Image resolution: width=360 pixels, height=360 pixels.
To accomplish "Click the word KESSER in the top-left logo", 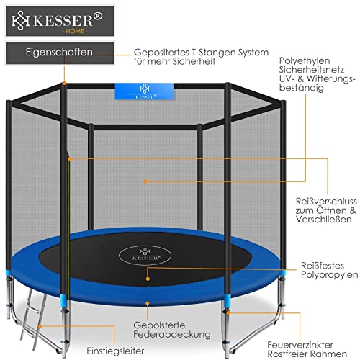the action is [x=63, y=20].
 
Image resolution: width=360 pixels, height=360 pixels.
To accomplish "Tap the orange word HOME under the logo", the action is [x=75, y=31].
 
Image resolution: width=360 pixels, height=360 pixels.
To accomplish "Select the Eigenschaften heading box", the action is [x=60, y=53].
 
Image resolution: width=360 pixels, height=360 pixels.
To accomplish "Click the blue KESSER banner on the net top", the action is [x=144, y=91].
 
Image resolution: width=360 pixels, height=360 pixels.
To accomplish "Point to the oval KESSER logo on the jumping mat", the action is [x=145, y=255].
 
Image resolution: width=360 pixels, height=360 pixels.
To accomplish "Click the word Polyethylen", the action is [x=305, y=61].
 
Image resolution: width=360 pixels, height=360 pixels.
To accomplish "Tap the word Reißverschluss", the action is [x=326, y=201].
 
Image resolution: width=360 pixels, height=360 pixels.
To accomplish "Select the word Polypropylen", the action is [x=329, y=275].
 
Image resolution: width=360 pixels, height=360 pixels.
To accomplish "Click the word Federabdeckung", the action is [x=172, y=334].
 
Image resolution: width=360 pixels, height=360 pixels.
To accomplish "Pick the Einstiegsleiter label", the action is [x=115, y=351].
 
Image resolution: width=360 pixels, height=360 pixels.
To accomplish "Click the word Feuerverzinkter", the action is [x=300, y=345].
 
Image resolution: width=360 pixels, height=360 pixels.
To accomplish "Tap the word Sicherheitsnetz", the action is [x=311, y=70].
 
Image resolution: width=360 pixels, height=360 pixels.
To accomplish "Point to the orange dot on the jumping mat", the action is [x=148, y=279].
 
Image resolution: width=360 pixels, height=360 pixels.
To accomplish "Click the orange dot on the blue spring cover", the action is [x=148, y=304].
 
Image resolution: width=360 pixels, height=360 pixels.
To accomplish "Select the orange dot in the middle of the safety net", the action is [x=145, y=181].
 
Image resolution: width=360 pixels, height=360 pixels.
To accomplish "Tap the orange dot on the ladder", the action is [x=40, y=326].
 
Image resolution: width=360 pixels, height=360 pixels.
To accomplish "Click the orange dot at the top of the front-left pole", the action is [x=64, y=83].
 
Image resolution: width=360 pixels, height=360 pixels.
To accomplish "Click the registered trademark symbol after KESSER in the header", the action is [x=98, y=17].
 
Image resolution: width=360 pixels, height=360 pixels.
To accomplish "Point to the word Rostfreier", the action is [x=287, y=354].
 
